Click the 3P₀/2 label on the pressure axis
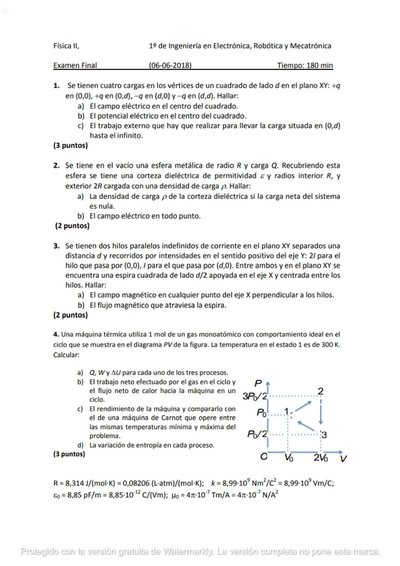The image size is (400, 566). pyautogui.click(x=254, y=396)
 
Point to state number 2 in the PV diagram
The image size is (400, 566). pyautogui.click(x=321, y=390)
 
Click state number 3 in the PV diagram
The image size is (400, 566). pyautogui.click(x=324, y=435)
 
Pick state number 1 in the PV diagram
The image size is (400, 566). pyautogui.click(x=286, y=412)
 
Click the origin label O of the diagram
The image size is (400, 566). pyautogui.click(x=264, y=458)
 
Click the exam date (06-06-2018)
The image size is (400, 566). pyautogui.click(x=170, y=65)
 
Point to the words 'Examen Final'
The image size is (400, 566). pyautogui.click(x=75, y=65)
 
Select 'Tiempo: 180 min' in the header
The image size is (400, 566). pyautogui.click(x=305, y=65)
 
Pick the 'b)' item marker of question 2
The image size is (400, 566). pyautogui.click(x=81, y=216)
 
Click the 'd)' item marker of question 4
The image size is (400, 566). pyautogui.click(x=81, y=445)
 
